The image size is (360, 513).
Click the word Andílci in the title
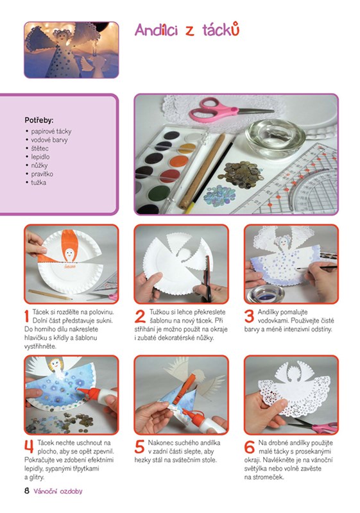tap(157, 30)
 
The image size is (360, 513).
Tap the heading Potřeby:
tap(39, 121)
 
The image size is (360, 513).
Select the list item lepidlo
tap(40, 156)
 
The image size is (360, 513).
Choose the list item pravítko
tap(42, 174)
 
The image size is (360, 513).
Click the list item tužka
tap(39, 182)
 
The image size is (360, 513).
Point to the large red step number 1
tap(27, 316)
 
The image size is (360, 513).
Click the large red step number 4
tap(29, 447)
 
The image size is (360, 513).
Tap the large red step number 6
tap(250, 447)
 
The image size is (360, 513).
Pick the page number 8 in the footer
tap(27, 491)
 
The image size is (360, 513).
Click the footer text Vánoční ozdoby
tap(58, 491)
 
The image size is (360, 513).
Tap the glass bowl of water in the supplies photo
tap(275, 137)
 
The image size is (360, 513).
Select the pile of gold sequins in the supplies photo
tap(241, 175)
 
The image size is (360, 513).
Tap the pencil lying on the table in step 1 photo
tap(50, 294)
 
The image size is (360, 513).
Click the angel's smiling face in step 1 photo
tap(69, 254)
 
